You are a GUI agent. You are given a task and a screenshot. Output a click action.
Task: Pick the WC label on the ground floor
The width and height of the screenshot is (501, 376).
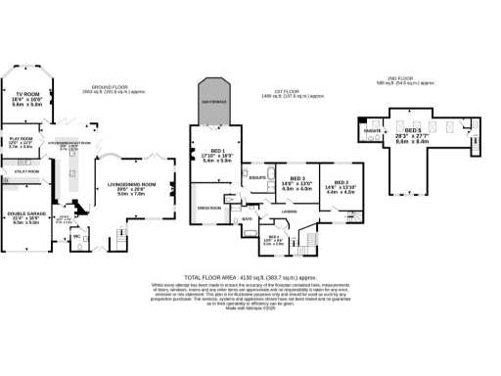pyautogui.click(x=75, y=235)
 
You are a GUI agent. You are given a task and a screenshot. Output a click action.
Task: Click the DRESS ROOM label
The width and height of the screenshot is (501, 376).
pyautogui.click(x=207, y=209)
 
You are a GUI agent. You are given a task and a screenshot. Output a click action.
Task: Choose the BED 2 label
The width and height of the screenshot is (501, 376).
pyautogui.click(x=340, y=182)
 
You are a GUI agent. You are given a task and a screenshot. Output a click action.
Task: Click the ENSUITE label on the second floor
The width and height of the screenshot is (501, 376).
pyautogui.click(x=371, y=129)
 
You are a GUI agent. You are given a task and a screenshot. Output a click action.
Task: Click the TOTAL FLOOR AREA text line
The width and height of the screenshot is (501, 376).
pyautogui.click(x=250, y=277)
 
